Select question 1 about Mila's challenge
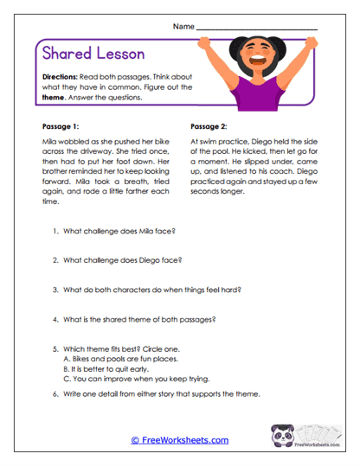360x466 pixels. click(x=125, y=233)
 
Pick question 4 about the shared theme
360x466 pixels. click(x=138, y=319)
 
